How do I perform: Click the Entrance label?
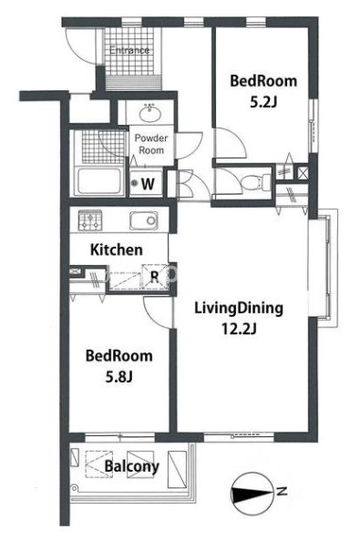129,50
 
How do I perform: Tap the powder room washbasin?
150,113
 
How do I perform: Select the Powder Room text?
151,144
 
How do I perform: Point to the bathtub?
99,180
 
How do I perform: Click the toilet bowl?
255,181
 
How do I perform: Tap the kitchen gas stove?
90,220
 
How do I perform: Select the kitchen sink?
144,220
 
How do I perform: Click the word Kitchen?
117,250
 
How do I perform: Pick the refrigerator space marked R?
155,277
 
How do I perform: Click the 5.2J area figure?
263,102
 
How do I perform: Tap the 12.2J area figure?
238,330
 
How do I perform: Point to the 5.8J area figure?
119,377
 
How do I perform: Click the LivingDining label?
239,308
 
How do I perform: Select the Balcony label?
132,466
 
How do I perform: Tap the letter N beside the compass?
283,491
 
